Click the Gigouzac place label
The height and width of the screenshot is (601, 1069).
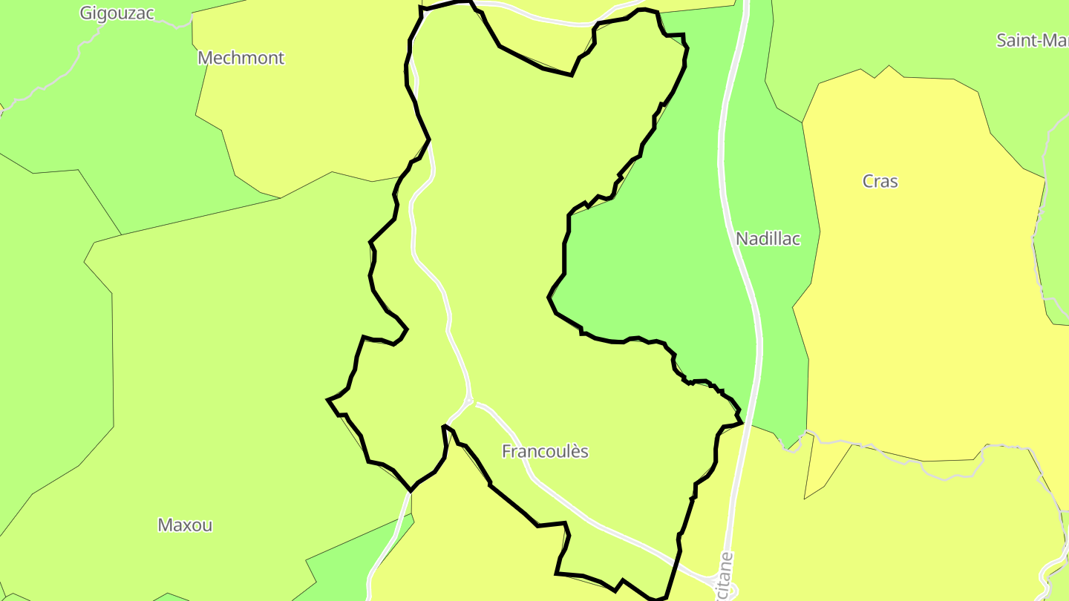(x=117, y=13)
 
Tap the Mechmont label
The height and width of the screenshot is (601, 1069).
(x=241, y=58)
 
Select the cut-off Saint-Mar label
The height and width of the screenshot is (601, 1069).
(x=1032, y=40)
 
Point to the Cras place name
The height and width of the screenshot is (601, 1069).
(x=880, y=181)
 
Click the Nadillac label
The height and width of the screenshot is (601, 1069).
(x=768, y=239)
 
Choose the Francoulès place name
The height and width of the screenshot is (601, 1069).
(x=545, y=451)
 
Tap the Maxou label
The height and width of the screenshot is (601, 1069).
(x=185, y=525)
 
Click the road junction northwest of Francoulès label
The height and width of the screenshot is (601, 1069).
(x=471, y=401)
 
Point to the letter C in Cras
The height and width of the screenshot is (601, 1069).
(x=869, y=181)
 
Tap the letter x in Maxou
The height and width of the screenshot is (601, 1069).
(x=189, y=525)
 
